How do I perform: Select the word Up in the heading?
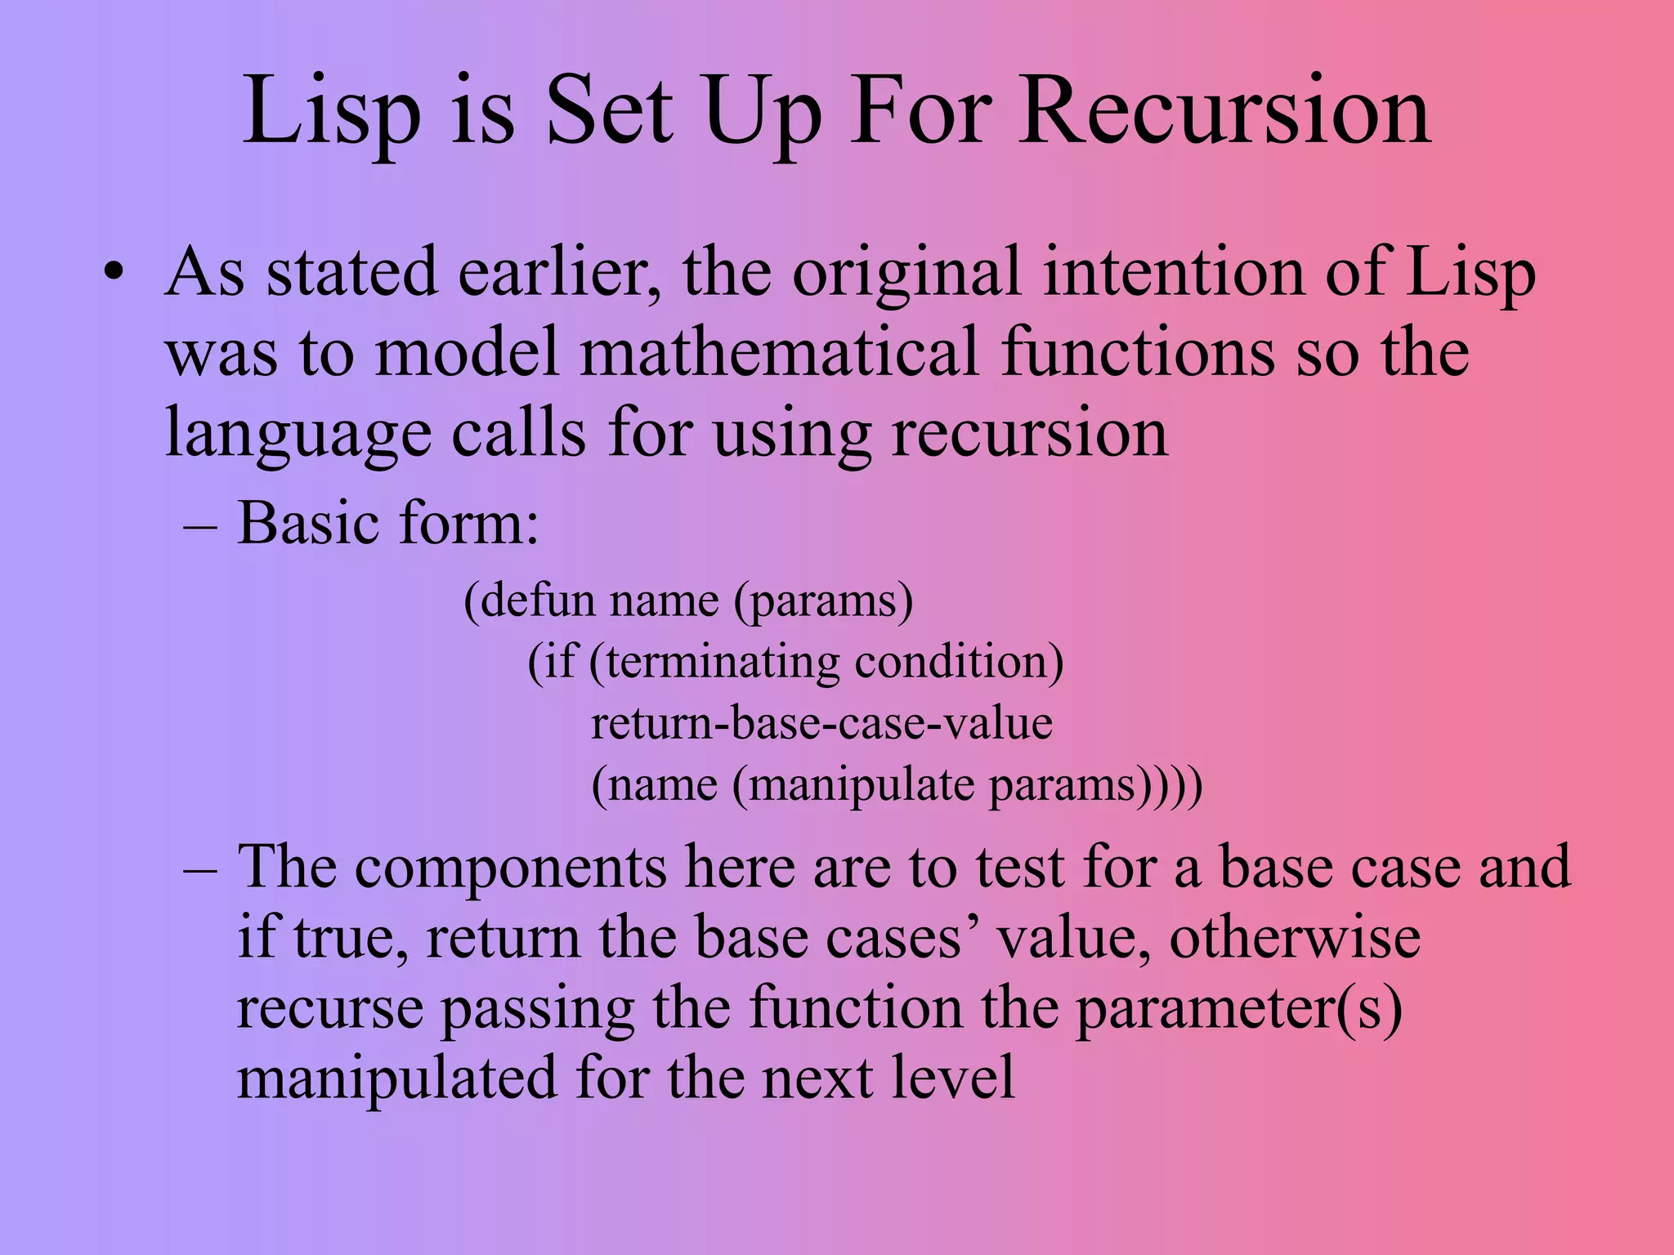click(x=763, y=114)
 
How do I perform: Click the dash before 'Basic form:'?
click(x=200, y=525)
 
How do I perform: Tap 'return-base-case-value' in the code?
click(x=821, y=723)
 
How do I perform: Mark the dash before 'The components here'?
click(x=200, y=868)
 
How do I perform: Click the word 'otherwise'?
click(x=1295, y=937)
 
